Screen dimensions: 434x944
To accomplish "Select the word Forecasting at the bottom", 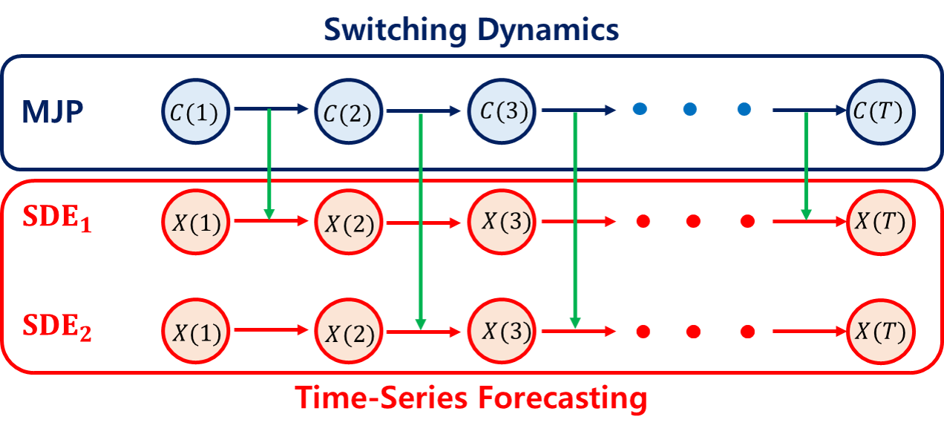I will (562, 398).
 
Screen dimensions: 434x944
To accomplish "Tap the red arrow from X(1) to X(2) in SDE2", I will (270, 331).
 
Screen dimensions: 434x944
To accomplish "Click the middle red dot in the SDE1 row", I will (693, 221).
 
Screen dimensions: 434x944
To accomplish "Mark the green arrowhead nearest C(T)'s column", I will (806, 215).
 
